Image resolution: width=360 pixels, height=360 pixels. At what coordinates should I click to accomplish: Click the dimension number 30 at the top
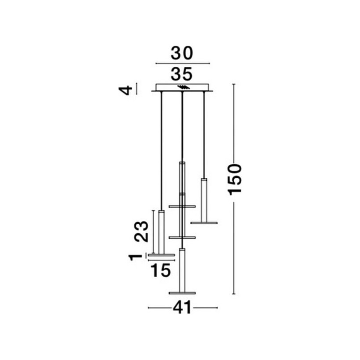pos(182,53)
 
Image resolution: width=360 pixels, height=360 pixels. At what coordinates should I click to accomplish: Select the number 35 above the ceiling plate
pos(182,74)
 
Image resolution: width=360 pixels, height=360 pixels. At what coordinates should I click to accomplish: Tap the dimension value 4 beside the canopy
pos(125,90)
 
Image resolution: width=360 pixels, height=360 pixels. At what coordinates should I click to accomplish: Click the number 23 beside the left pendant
pos(141,231)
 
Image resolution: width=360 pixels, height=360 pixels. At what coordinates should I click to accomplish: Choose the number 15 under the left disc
pos(161,270)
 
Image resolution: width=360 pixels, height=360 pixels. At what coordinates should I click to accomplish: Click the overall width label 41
pos(182,308)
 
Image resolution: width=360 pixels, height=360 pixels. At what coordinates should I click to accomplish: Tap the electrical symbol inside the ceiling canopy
pos(184,87)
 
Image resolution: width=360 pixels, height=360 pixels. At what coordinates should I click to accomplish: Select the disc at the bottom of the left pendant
pos(161,255)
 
